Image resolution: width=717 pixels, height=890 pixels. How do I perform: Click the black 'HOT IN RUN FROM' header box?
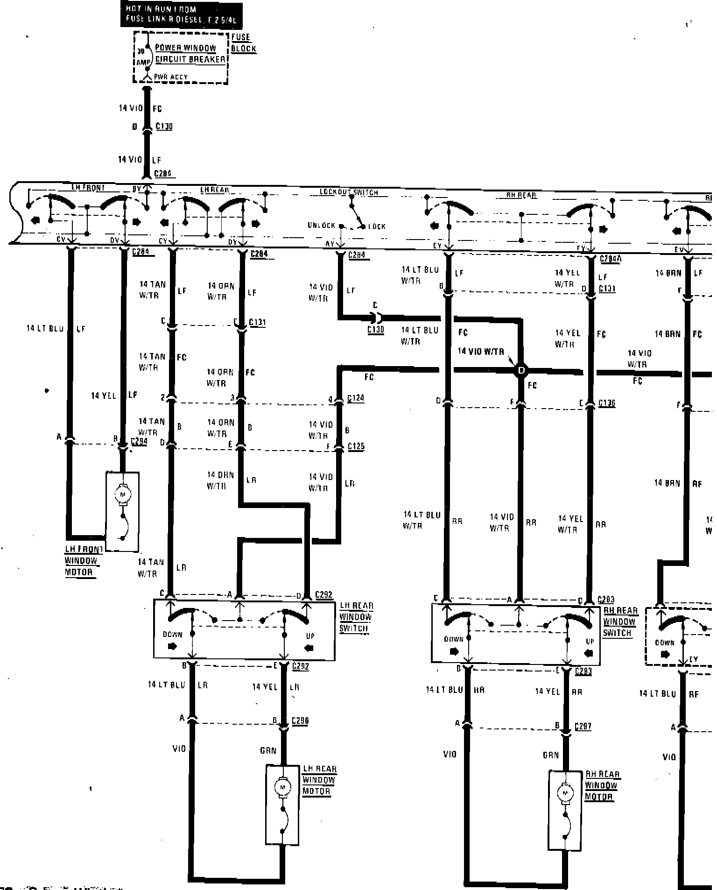pyautogui.click(x=181, y=14)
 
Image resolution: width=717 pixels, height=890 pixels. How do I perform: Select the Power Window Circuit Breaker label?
pyautogui.click(x=190, y=54)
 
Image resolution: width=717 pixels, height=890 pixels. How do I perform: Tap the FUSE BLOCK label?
pyautogui.click(x=243, y=42)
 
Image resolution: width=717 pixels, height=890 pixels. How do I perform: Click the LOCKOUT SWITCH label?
pyautogui.click(x=349, y=192)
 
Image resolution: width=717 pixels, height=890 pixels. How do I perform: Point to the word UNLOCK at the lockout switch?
pyautogui.click(x=321, y=226)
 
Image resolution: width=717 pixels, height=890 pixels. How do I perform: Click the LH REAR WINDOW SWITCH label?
pyautogui.click(x=356, y=617)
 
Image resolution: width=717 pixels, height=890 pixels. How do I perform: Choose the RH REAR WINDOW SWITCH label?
pyautogui.click(x=620, y=622)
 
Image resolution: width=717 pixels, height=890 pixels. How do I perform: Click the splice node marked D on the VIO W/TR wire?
pyautogui.click(x=521, y=371)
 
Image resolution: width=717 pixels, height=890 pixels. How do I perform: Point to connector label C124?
pyautogui.click(x=356, y=398)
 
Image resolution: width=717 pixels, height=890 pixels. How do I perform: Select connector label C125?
pyautogui.click(x=356, y=446)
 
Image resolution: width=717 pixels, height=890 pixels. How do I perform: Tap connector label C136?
pyautogui.click(x=606, y=403)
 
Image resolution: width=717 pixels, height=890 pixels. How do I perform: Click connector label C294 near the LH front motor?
pyautogui.click(x=139, y=441)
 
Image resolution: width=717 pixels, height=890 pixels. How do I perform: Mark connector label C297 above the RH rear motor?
pyautogui.click(x=583, y=726)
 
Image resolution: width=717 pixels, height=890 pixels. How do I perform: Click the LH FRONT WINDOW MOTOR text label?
pyautogui.click(x=83, y=560)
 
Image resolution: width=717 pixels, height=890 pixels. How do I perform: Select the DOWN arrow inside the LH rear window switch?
pyautogui.click(x=172, y=647)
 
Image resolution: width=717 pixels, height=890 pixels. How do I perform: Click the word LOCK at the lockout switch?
pyautogui.click(x=377, y=226)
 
